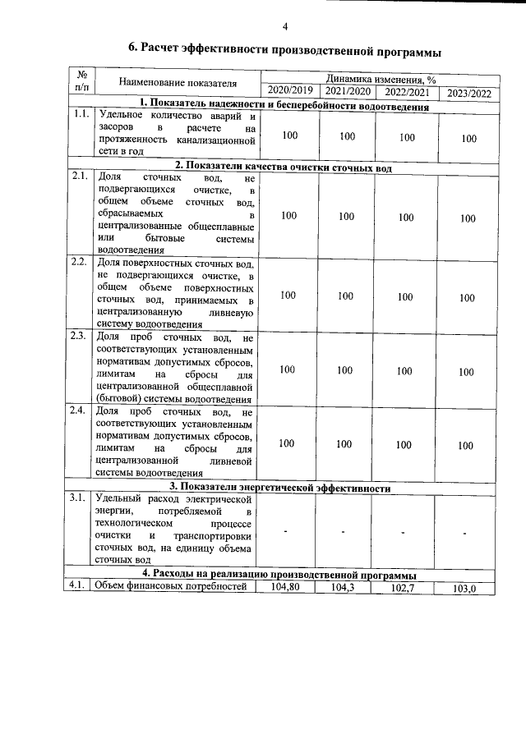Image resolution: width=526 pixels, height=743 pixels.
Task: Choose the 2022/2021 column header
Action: [x=407, y=92]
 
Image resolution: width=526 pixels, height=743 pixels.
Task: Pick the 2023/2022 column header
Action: [x=468, y=93]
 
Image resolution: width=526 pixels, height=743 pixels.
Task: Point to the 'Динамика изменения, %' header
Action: [x=380, y=79]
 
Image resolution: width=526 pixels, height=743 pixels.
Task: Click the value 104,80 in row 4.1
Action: [x=288, y=587]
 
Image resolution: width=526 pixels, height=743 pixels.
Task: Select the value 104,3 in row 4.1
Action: [x=346, y=588]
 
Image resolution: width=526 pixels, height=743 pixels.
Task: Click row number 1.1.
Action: [x=81, y=115]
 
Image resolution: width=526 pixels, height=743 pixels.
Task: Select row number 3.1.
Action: [x=80, y=498]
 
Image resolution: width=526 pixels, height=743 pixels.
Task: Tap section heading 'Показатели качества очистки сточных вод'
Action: [x=279, y=167]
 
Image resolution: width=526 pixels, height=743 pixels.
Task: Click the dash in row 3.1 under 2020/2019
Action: [x=285, y=531]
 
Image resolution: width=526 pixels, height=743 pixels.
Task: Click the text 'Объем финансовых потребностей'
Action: [x=171, y=586]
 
